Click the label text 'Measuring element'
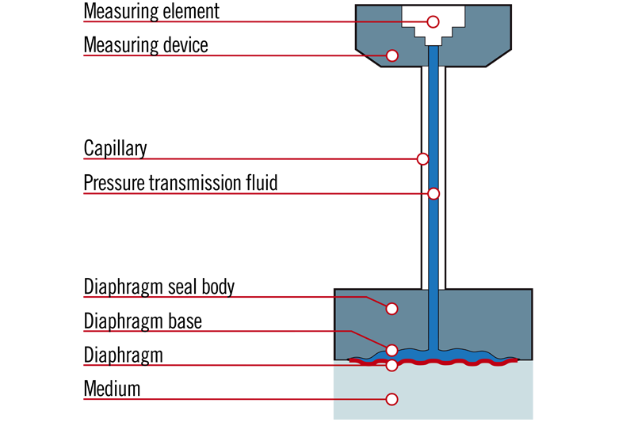[x=151, y=12]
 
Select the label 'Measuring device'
[x=146, y=45]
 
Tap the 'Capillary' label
[x=116, y=149]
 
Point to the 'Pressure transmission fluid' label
[x=181, y=183]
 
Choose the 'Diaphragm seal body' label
[x=159, y=286]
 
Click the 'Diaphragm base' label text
[x=143, y=321]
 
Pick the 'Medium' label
[x=112, y=389]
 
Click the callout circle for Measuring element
[x=433, y=21]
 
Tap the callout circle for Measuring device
[x=391, y=55]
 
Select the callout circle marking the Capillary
[x=423, y=159]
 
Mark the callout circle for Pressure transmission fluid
[x=433, y=193]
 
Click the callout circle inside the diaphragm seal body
[x=391, y=308]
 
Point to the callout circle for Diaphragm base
[x=391, y=349]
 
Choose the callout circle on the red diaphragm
[x=391, y=365]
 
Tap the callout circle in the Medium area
[x=391, y=399]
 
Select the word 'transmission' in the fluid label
[x=192, y=183]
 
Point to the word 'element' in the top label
[x=191, y=12]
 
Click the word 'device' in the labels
[x=183, y=45]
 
